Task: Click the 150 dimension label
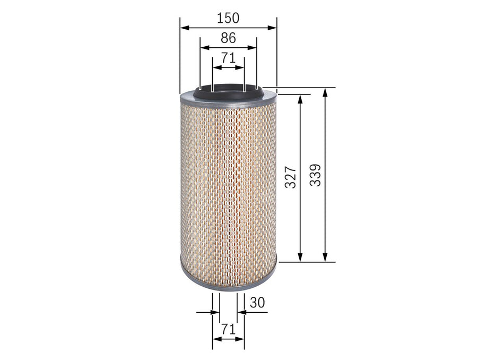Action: click(228, 18)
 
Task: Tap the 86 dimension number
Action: click(228, 38)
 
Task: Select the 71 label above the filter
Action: click(228, 58)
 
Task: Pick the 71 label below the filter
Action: click(228, 329)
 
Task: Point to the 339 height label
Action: click(315, 175)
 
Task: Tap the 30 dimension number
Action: click(257, 302)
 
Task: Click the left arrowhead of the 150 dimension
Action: click(184, 28)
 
